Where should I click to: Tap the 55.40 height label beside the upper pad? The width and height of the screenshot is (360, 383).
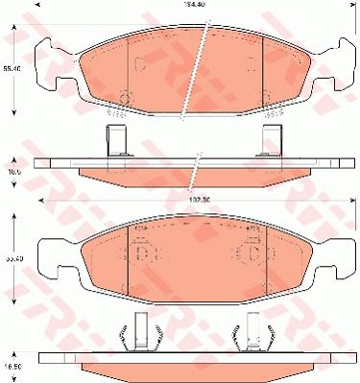click(9, 70)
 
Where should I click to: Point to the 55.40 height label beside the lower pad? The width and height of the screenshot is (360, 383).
click(9, 257)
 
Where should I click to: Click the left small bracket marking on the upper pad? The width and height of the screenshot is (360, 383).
click(138, 66)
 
